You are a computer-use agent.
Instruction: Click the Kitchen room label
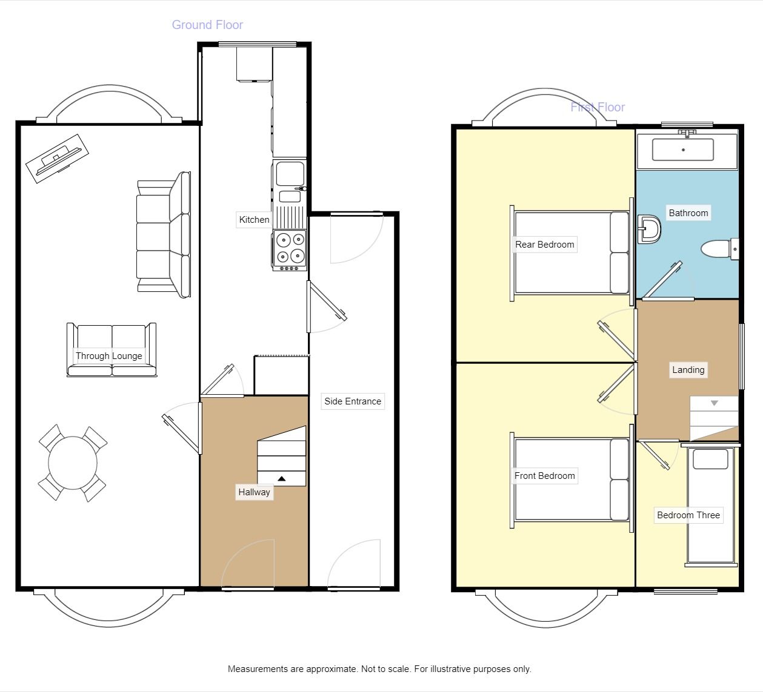tap(254, 220)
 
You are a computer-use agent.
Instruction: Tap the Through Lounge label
tap(109, 356)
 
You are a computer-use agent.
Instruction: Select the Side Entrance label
tap(353, 401)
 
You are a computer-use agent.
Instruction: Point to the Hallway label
tap(254, 492)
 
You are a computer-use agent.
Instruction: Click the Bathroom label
tap(688, 213)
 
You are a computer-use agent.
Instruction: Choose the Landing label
tap(688, 370)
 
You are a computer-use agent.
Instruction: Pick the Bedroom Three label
tap(688, 515)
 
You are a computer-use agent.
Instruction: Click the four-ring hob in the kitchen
tap(290, 248)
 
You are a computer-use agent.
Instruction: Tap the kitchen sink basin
tap(290, 174)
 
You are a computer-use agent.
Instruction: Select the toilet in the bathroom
tap(718, 249)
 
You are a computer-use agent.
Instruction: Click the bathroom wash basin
tap(649, 229)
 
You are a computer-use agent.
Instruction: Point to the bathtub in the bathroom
tap(683, 150)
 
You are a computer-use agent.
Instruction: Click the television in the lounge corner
tap(57, 157)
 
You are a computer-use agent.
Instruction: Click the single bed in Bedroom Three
tap(710, 506)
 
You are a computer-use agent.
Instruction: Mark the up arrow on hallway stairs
tap(281, 479)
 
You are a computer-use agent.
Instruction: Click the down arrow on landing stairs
tap(715, 403)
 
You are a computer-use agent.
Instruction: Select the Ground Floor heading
tap(207, 25)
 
